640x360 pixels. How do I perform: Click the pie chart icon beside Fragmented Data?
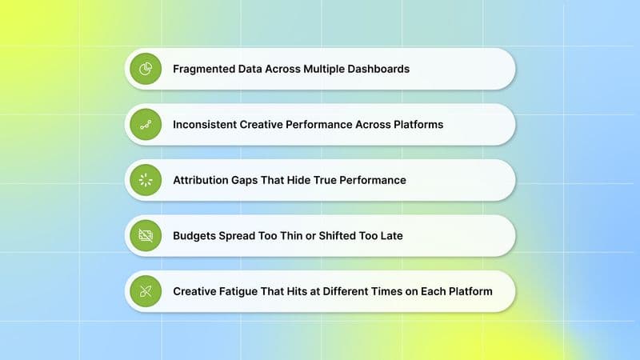pyautogui.click(x=146, y=69)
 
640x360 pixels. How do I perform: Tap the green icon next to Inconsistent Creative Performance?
pyautogui.click(x=146, y=125)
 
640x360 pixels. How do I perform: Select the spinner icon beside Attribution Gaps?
pyautogui.click(x=146, y=180)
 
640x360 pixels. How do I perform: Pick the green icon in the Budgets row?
pyautogui.click(x=146, y=236)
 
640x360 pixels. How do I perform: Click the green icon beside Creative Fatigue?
pyautogui.click(x=146, y=291)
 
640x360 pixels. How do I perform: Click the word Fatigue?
pyautogui.click(x=243, y=291)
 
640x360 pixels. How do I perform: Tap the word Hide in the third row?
pyautogui.click(x=294, y=180)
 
